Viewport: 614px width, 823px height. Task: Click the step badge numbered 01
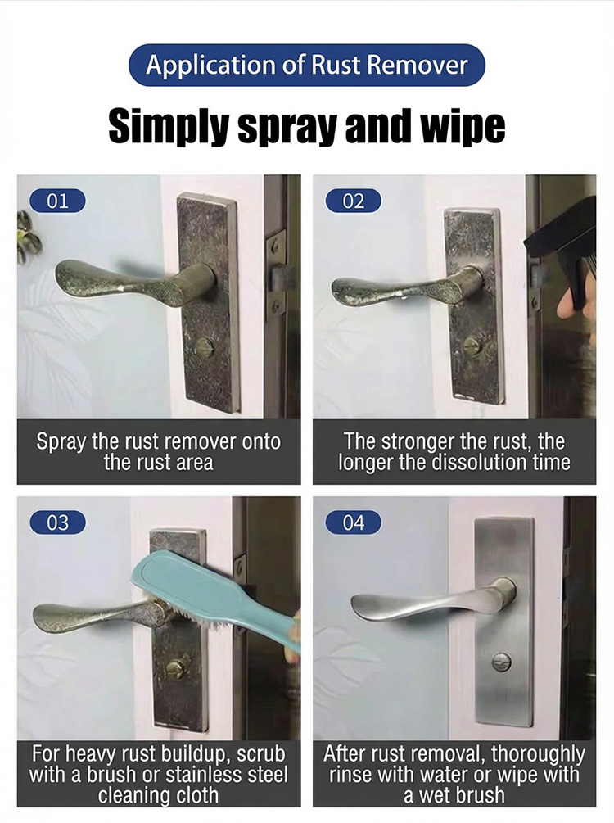(x=57, y=201)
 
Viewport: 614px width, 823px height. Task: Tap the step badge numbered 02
(x=353, y=201)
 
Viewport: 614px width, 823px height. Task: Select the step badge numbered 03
(x=57, y=522)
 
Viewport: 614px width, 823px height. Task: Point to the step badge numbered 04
(x=353, y=522)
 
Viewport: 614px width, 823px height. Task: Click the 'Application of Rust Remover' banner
(x=307, y=65)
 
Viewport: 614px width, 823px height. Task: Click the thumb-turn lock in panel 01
(x=204, y=346)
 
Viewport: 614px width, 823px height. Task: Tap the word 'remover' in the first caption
(x=198, y=442)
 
